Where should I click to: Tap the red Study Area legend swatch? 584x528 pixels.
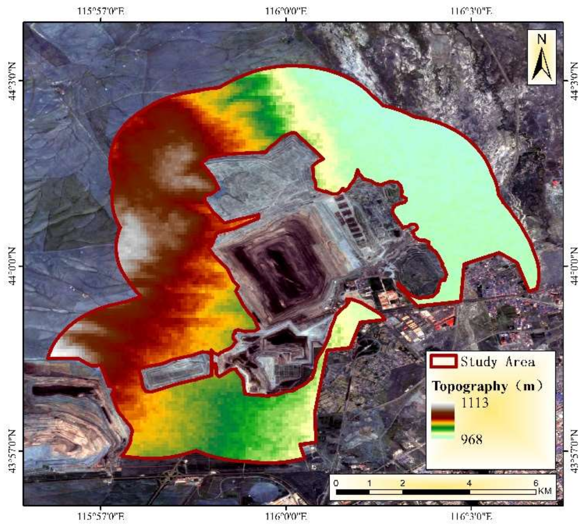coord(443,361)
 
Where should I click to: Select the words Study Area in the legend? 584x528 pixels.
coord(497,362)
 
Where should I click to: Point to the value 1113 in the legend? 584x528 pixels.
coord(475,403)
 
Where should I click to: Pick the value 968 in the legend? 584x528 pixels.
coord(471,439)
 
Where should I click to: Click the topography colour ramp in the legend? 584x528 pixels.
coord(443,421)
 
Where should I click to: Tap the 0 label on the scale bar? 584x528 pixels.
coord(336,483)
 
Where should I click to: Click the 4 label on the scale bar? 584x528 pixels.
coord(469,483)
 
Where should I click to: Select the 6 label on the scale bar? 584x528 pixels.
coord(536,483)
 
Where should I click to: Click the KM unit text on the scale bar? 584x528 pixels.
coord(544,491)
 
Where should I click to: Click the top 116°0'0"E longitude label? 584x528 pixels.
coord(286,12)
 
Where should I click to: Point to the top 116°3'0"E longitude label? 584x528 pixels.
coord(471,12)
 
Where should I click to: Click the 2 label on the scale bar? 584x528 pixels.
coord(402,483)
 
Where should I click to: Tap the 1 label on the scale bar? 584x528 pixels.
coord(369,483)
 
